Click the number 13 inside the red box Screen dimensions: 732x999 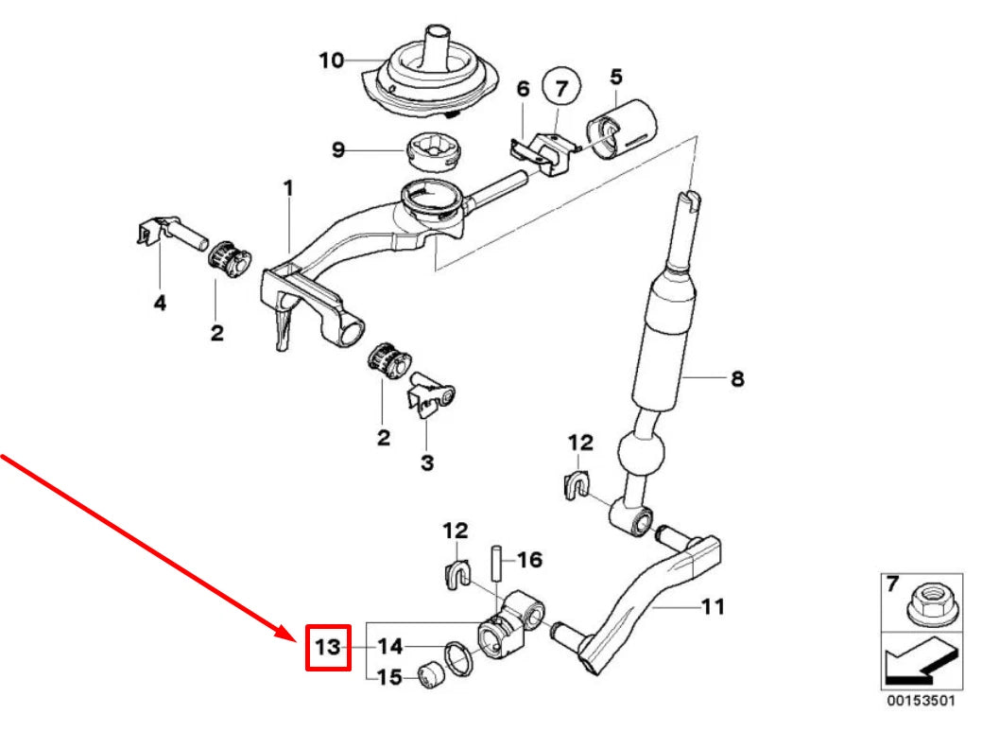coord(328,648)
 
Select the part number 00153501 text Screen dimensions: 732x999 coord(920,702)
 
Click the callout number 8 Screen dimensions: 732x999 coord(737,379)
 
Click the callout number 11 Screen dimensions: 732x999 coord(713,605)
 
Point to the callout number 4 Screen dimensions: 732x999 coord(160,304)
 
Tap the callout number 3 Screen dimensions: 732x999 coord(427,462)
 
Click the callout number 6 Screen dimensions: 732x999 coord(523,89)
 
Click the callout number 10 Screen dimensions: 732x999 coord(331,61)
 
